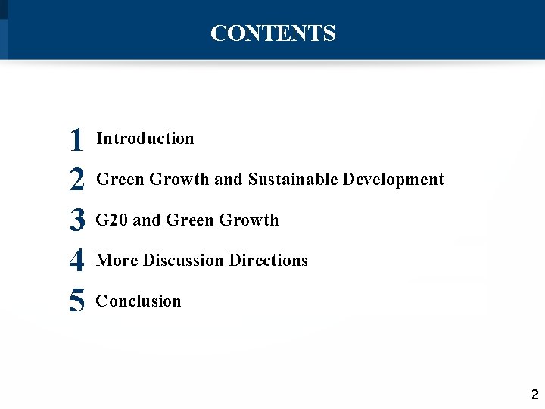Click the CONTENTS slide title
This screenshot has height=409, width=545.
(x=272, y=33)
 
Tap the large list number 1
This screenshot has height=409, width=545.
(x=76, y=139)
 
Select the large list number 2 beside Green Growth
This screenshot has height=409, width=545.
(x=76, y=180)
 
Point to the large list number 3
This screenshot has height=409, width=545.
(x=76, y=220)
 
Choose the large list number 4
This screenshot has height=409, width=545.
(x=76, y=261)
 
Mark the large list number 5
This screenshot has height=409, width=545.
(x=76, y=301)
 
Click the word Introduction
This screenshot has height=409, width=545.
(x=145, y=139)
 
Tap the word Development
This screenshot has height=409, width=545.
(x=394, y=180)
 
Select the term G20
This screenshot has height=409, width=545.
(x=112, y=220)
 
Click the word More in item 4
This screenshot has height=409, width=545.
(x=117, y=261)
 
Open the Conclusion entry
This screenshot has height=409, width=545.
(x=139, y=301)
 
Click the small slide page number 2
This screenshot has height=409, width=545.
(x=534, y=395)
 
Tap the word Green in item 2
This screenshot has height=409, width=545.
(x=121, y=180)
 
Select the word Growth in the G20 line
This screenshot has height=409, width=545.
(x=248, y=220)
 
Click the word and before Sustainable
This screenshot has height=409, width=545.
(x=228, y=180)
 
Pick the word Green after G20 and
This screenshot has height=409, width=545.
(x=190, y=220)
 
